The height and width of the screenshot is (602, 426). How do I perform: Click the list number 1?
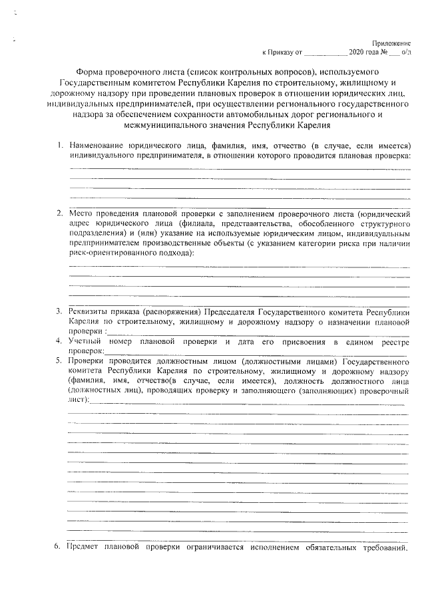click(x=59, y=145)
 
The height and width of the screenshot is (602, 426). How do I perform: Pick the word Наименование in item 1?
click(x=101, y=145)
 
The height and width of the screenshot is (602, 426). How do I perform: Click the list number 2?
click(x=59, y=213)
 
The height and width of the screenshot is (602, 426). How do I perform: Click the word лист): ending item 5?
click(x=78, y=401)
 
